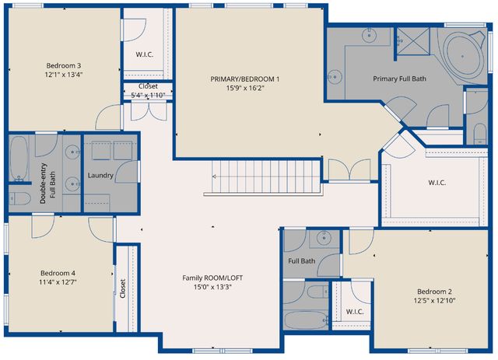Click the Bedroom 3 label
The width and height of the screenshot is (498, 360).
pyautogui.click(x=64, y=65)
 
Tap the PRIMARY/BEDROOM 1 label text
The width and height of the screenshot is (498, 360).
pyautogui.click(x=244, y=79)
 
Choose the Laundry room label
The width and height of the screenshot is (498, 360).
pyautogui.click(x=101, y=175)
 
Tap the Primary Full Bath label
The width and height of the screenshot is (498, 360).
pyautogui.click(x=399, y=78)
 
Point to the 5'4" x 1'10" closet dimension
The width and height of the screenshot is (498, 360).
pyautogui.click(x=146, y=96)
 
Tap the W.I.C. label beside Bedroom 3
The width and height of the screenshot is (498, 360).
pyautogui.click(x=145, y=54)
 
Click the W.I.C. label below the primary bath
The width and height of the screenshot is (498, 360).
pyautogui.click(x=437, y=183)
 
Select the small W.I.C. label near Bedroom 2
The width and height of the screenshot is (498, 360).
pyautogui.click(x=355, y=312)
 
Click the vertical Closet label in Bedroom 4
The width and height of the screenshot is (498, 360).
pyautogui.click(x=123, y=288)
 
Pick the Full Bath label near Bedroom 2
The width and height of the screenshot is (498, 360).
pyautogui.click(x=302, y=261)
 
